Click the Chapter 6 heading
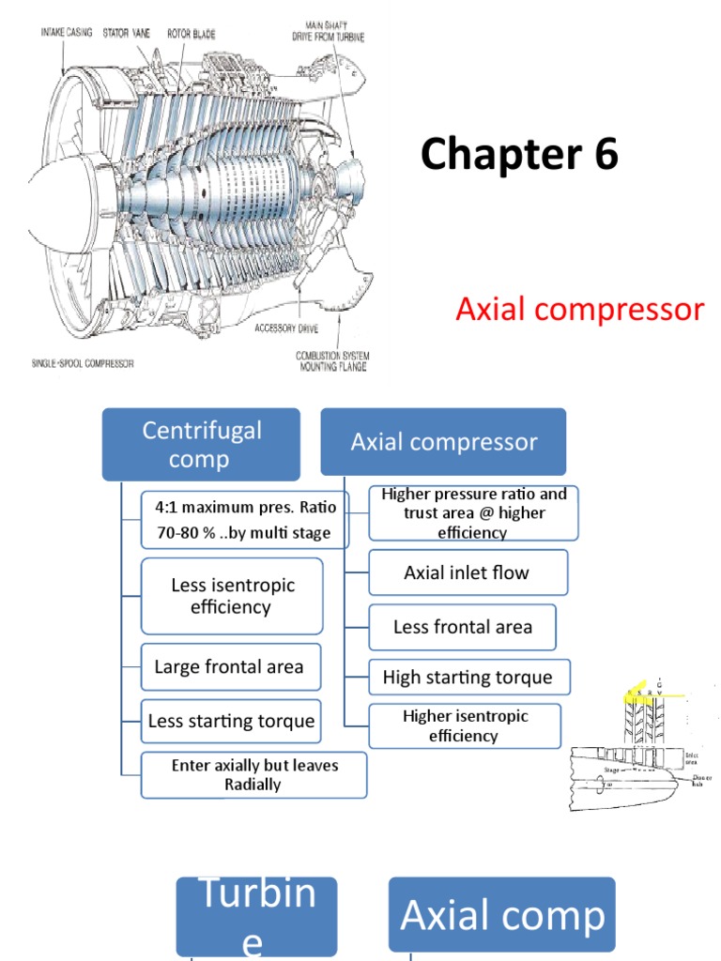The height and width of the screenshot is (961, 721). (519, 155)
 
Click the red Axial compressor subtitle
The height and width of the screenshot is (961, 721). (579, 309)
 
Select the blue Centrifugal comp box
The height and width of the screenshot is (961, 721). (200, 445)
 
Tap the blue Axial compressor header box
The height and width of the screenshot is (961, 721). (443, 442)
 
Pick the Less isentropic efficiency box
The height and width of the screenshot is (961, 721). (232, 596)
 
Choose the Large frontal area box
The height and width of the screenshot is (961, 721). (230, 667)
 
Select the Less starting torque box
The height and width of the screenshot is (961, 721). (230, 722)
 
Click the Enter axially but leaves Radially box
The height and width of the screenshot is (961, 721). (253, 774)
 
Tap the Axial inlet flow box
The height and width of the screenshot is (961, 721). (467, 572)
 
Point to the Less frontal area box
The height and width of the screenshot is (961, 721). (462, 627)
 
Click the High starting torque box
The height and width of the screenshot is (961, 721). (467, 678)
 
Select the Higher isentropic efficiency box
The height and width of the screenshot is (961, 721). (465, 725)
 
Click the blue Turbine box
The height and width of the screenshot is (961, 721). (256, 915)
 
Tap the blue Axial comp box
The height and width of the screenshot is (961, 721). (502, 915)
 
